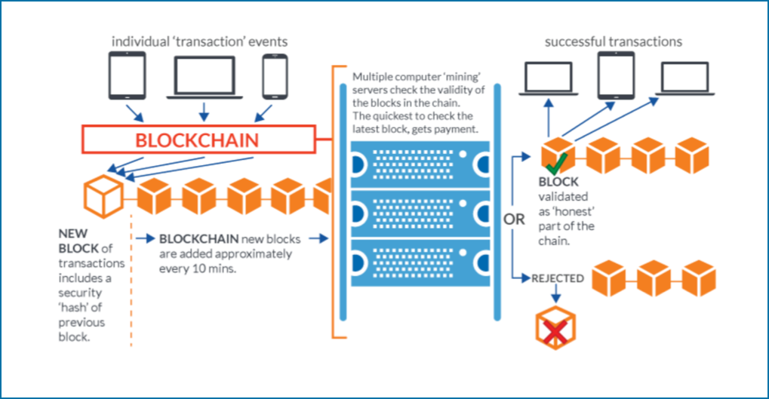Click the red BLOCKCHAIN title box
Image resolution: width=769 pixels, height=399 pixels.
tap(197, 140)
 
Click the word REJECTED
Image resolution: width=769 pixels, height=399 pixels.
tap(558, 278)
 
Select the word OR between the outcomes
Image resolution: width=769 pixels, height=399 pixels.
tap(513, 219)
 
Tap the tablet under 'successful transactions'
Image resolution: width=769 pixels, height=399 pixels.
tap(614, 78)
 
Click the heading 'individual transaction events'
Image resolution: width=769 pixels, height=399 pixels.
tap(199, 41)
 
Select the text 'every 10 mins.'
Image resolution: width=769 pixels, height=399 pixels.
tap(198, 268)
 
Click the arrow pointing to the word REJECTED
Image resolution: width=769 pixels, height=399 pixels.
tap(521, 278)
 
